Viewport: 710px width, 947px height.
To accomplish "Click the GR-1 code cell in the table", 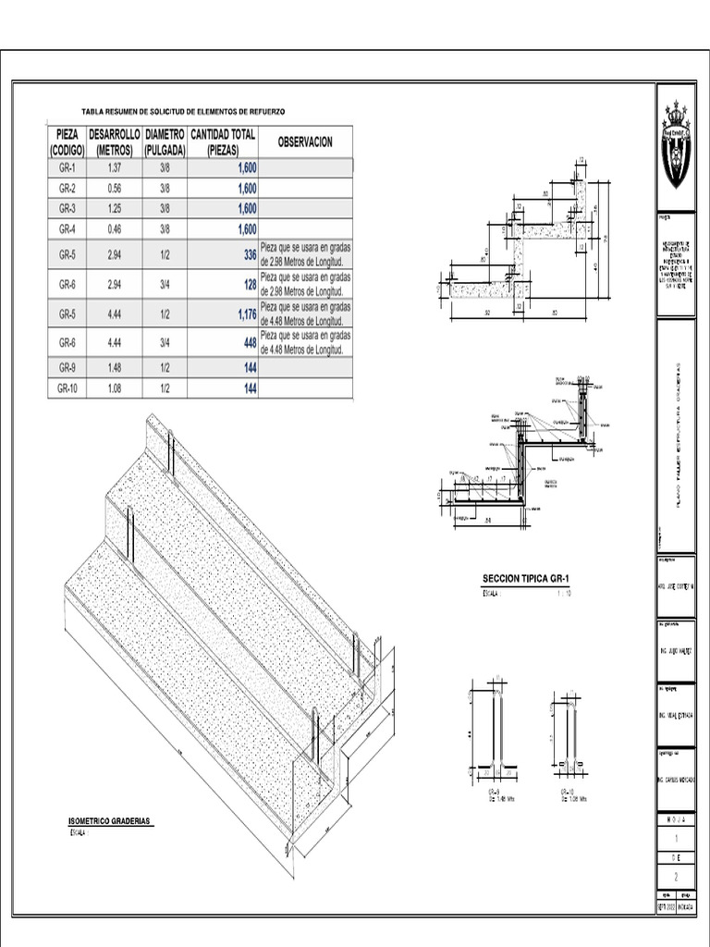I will tap(67, 168).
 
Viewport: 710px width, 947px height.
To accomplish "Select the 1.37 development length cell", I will tap(115, 168).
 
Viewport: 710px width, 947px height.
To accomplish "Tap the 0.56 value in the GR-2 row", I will tap(115, 188).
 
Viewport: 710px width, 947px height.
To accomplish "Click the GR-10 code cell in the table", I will tap(67, 389).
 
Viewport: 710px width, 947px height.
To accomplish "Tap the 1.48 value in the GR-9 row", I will tap(115, 369).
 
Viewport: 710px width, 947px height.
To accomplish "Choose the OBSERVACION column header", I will tap(305, 141).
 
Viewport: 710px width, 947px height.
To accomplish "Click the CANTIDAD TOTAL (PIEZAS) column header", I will tap(223, 141).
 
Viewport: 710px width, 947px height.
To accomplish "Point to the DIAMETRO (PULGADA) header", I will tap(165, 141).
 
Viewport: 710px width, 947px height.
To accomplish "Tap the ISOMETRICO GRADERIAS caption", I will tap(110, 821).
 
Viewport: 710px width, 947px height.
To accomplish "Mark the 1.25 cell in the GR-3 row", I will tap(115, 207).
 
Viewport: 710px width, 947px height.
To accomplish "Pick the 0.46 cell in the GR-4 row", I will tap(115, 228).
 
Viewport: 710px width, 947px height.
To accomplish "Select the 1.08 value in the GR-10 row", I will tap(115, 389).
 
